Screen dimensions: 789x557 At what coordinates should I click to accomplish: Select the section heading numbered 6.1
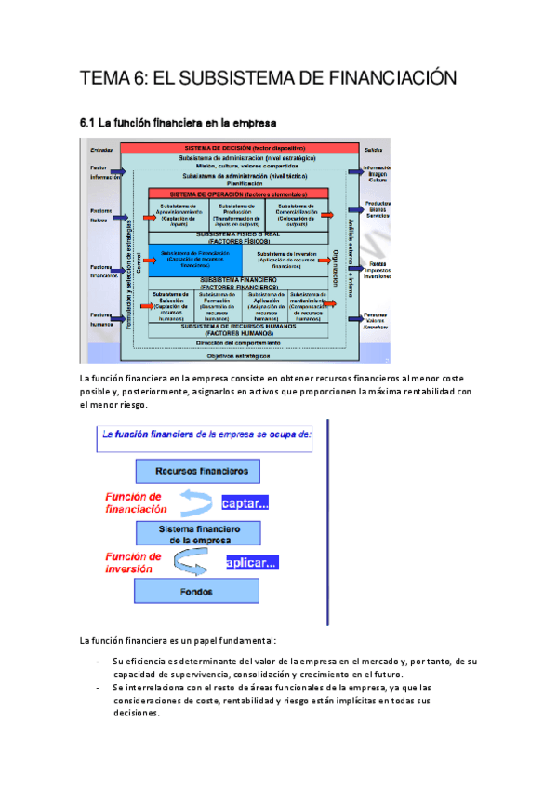[x=178, y=122]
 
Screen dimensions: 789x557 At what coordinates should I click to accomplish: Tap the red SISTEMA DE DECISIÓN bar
[x=239, y=148]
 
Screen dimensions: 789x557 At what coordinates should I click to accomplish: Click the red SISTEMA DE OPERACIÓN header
[x=238, y=194]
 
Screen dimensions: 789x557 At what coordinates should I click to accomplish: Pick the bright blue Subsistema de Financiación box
[x=194, y=260]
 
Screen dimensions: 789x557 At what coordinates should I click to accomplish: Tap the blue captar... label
[x=245, y=504]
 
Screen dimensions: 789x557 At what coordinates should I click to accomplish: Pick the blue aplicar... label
[x=251, y=563]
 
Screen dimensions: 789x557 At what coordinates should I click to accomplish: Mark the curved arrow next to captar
[x=196, y=502]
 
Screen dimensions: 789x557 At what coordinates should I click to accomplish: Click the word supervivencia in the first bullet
[x=190, y=674]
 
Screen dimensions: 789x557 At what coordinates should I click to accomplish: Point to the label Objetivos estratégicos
[x=238, y=355]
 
